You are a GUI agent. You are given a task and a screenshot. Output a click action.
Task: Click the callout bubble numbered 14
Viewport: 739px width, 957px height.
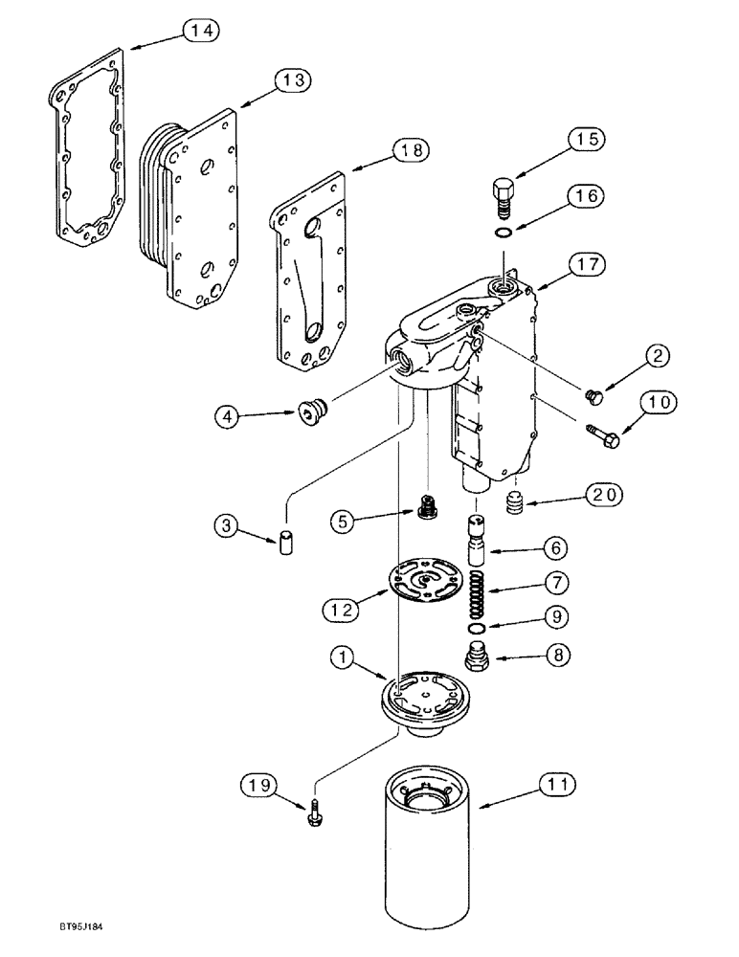(201, 31)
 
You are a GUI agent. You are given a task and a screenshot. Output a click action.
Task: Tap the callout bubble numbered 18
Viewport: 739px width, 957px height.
(412, 149)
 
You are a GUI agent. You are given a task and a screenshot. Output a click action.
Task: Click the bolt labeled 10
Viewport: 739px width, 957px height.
(604, 435)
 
